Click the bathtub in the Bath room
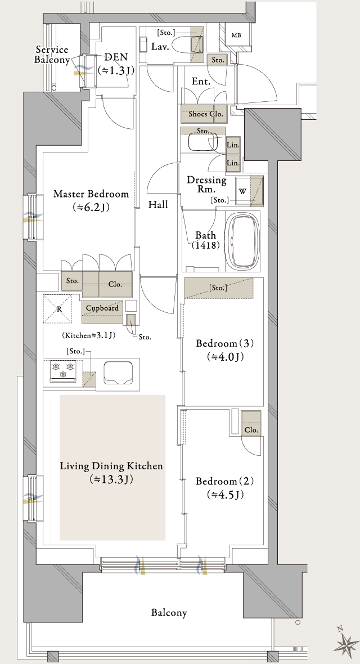(x=243, y=241)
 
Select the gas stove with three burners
(x=64, y=371)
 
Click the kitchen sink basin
(x=118, y=372)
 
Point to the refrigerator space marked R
(x=59, y=309)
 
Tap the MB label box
(x=236, y=35)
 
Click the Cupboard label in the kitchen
(x=102, y=308)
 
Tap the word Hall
(x=158, y=205)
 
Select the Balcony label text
(x=169, y=612)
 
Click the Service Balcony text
(x=52, y=55)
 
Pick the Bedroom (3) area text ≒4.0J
(x=225, y=357)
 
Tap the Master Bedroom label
(x=91, y=194)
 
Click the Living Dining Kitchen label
(x=111, y=466)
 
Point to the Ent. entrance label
(x=201, y=82)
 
